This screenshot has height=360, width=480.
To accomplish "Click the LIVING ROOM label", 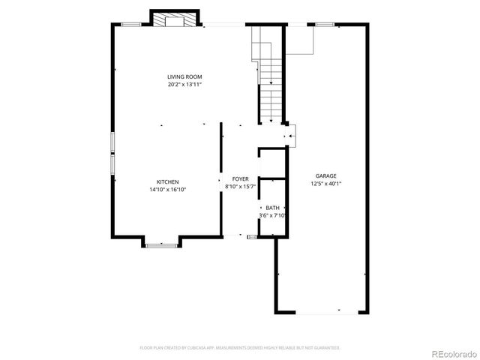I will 184,76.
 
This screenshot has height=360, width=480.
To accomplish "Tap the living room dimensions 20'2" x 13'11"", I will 184,85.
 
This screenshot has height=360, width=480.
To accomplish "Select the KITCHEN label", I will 167,182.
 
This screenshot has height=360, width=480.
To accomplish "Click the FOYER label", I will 240,179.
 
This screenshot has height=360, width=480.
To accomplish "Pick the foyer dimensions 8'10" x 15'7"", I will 241,187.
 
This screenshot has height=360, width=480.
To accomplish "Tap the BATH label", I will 272,208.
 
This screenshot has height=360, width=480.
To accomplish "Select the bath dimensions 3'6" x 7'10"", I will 273,216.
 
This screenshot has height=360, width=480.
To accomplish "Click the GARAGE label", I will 325,175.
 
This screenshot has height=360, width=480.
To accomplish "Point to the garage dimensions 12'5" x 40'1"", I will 325,184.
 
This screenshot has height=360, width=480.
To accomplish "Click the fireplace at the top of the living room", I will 176,19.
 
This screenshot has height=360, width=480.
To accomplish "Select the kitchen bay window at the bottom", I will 161,244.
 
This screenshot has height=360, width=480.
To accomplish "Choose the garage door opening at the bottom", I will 321,311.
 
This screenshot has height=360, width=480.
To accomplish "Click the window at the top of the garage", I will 325,25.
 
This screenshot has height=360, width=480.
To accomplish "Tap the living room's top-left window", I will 132,25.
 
